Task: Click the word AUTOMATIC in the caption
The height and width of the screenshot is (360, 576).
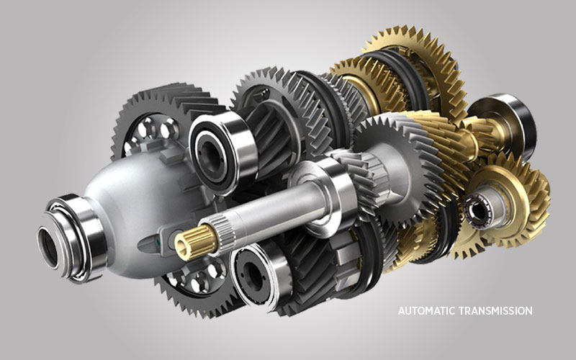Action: point(427,311)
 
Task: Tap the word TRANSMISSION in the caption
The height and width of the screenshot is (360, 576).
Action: point(496,311)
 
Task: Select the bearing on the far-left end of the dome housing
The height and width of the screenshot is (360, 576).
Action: point(71,238)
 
